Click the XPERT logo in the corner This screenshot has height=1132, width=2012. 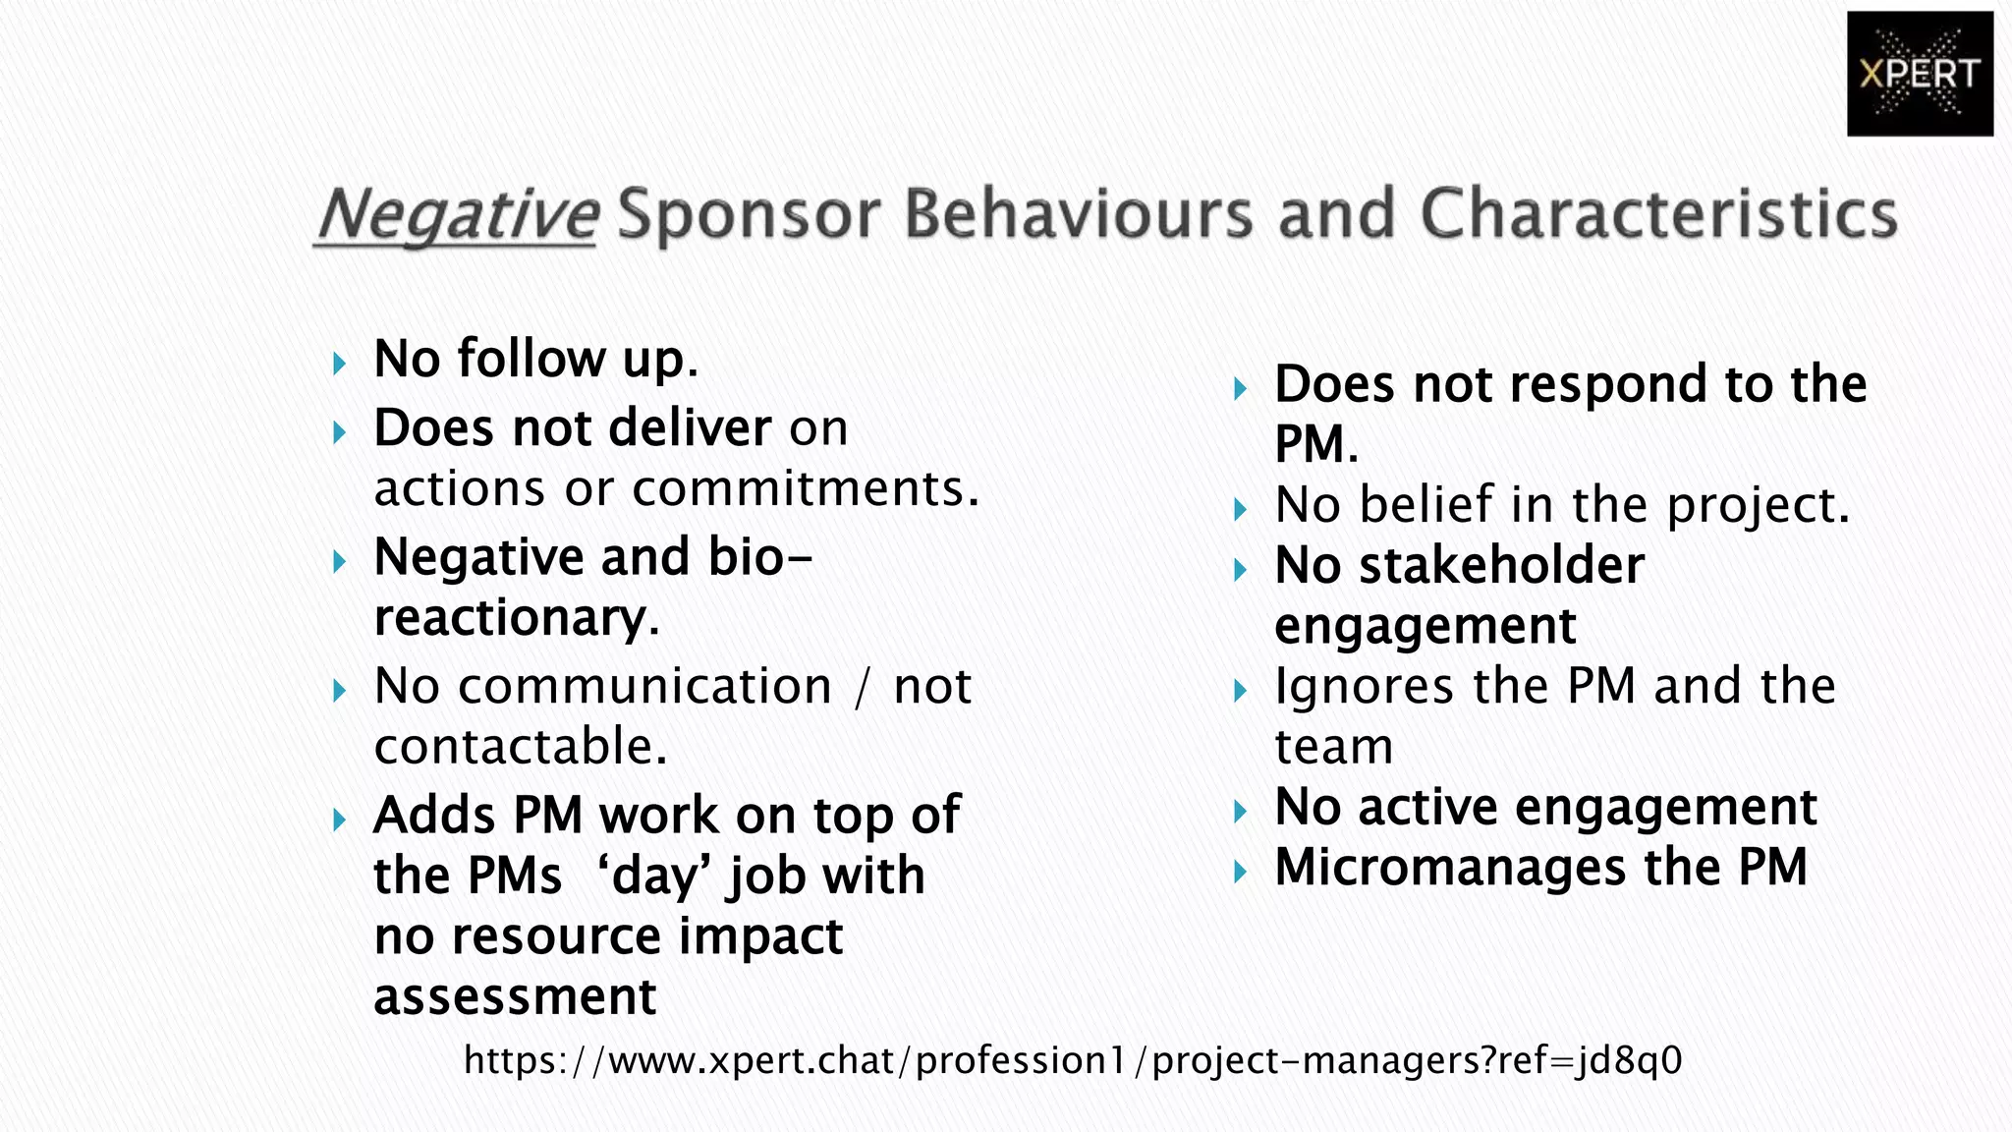pyautogui.click(x=1919, y=74)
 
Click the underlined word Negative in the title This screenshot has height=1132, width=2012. pyautogui.click(x=457, y=213)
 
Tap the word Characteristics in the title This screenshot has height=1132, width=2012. pyautogui.click(x=1658, y=213)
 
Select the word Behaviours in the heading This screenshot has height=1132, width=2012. pyautogui.click(x=1078, y=213)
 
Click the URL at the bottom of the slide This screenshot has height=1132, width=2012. pyautogui.click(x=1073, y=1060)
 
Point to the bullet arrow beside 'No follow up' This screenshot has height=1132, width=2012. pyautogui.click(x=340, y=365)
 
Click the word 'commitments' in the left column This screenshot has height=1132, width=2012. pyautogui.click(x=805, y=488)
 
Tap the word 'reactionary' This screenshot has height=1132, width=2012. pyautogui.click(x=516, y=618)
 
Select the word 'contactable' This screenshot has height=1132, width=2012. pyautogui.click(x=520, y=747)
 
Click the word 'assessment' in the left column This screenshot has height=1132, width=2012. pyautogui.click(x=515, y=996)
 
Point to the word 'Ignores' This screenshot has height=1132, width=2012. pyautogui.click(x=1364, y=687)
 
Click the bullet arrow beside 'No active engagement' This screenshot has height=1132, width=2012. pyautogui.click(x=1241, y=812)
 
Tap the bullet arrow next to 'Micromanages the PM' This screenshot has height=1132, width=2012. pyautogui.click(x=1241, y=872)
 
